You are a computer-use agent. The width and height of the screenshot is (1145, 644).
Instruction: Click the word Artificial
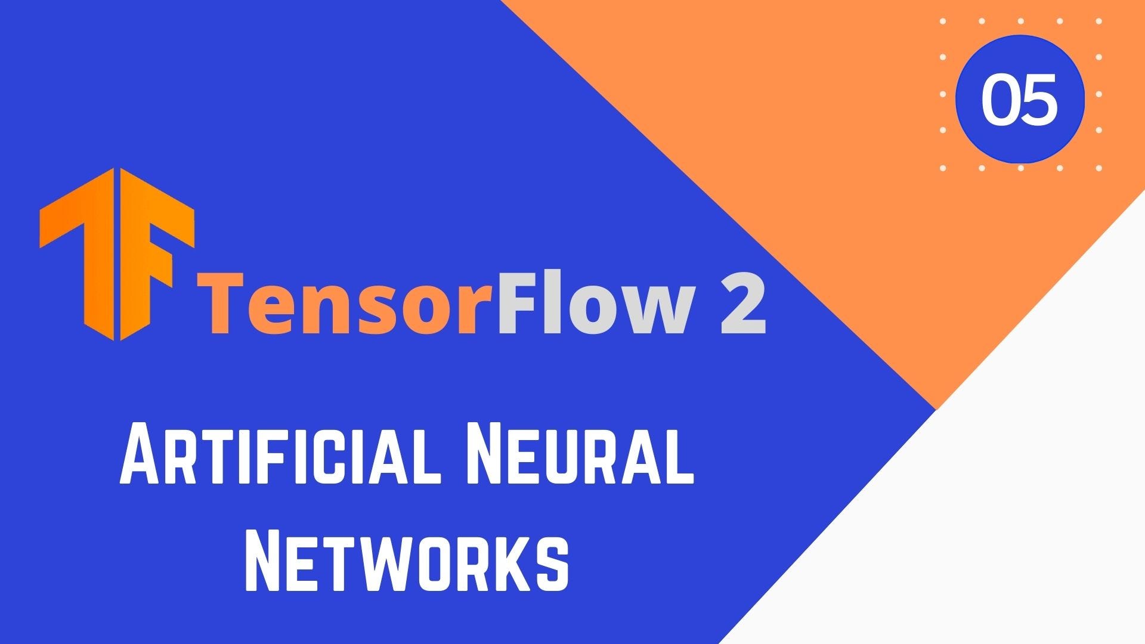click(x=280, y=453)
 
